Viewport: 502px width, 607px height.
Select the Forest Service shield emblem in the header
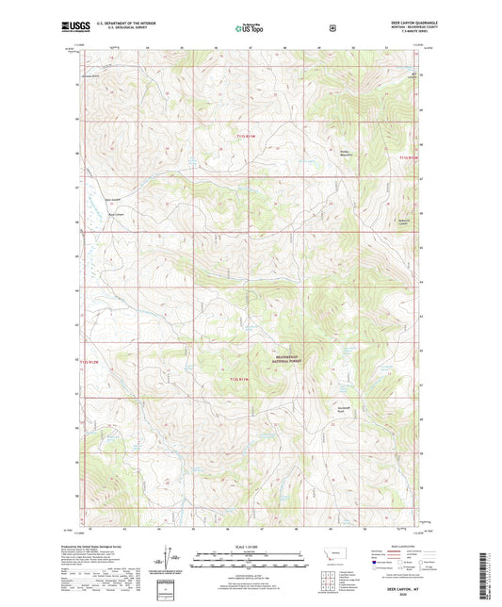[332, 28]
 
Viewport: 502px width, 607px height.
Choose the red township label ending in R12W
[89, 360]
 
